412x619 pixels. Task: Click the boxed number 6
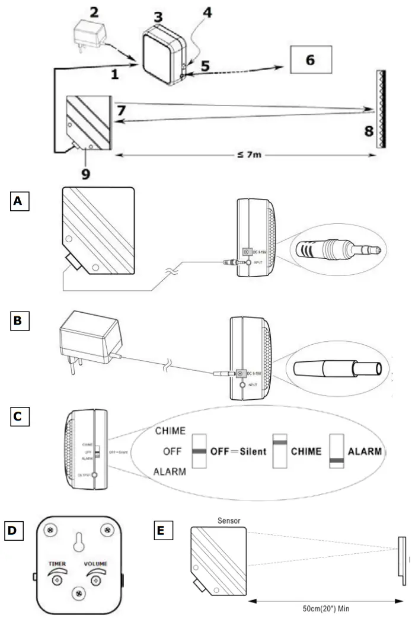[310, 60]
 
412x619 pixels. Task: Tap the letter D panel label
[14, 530]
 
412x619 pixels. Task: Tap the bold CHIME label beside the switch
[305, 451]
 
